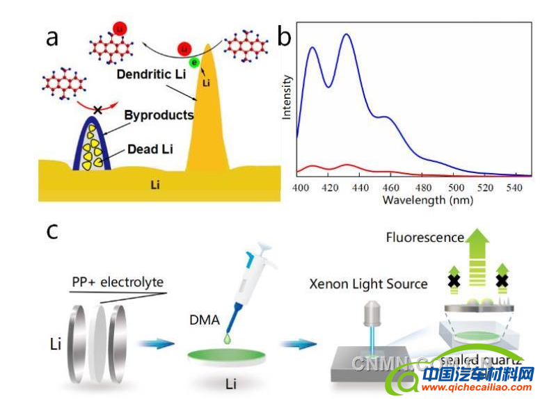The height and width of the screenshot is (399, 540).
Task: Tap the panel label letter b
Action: pyautogui.click(x=284, y=35)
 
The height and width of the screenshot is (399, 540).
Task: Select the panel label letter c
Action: pyautogui.click(x=51, y=231)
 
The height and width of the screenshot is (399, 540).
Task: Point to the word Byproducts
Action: pyautogui.click(x=159, y=115)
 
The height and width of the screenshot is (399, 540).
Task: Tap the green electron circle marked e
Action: pyautogui.click(x=195, y=63)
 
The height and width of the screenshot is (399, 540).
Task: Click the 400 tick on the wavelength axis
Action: pyautogui.click(x=301, y=188)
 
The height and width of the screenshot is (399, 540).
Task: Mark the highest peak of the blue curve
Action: pyautogui.click(x=346, y=34)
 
